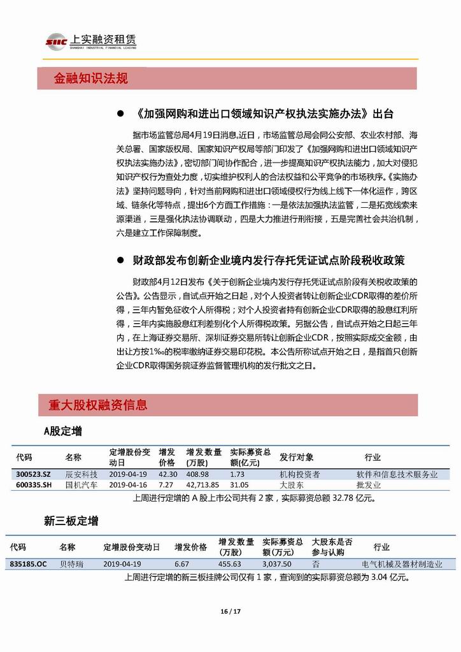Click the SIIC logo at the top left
[56, 42]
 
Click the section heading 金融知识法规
[91, 78]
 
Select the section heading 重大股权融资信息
[97, 405]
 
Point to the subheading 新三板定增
[71, 521]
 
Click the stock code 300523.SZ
[33, 474]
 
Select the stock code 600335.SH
[33, 484]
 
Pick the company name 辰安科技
[82, 474]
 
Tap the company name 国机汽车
[82, 484]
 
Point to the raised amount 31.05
[239, 484]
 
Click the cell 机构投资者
[300, 474]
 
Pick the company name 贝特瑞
[71, 564]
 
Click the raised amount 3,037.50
[277, 564]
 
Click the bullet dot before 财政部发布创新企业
[120, 261]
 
